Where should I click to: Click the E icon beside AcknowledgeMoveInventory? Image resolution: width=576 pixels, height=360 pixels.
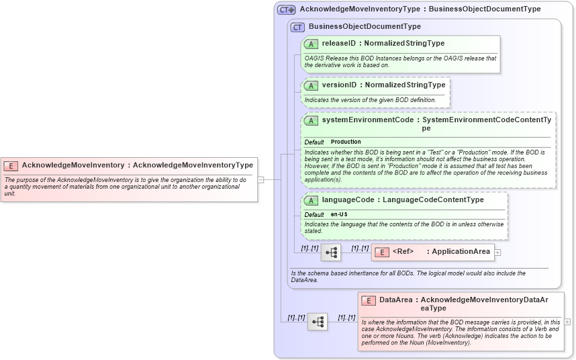click(11, 165)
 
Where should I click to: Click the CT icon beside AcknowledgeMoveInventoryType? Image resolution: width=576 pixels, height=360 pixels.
click(287, 9)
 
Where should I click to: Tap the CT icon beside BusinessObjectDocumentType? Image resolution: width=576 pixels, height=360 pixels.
click(297, 27)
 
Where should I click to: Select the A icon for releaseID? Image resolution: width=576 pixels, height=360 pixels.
click(311, 44)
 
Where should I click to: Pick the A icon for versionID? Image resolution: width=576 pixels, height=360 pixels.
click(311, 85)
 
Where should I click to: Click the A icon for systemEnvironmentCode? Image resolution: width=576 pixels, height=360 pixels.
click(311, 121)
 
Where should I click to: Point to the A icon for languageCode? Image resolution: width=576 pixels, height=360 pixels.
click(311, 200)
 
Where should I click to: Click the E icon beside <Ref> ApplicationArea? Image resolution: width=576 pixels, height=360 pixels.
click(381, 252)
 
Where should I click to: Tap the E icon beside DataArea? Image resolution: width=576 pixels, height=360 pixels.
click(367, 300)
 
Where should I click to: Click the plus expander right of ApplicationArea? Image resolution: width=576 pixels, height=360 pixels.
click(498, 253)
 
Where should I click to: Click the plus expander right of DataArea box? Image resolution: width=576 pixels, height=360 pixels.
click(568, 322)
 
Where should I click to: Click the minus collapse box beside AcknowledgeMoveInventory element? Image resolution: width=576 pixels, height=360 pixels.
click(260, 179)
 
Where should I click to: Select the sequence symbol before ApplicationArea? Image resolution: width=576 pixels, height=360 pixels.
click(331, 253)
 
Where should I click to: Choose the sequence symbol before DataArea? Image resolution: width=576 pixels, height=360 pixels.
click(318, 322)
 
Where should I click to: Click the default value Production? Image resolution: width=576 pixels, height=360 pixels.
click(346, 142)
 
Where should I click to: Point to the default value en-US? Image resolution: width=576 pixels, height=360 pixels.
click(339, 214)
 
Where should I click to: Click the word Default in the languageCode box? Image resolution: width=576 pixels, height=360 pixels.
click(314, 214)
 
